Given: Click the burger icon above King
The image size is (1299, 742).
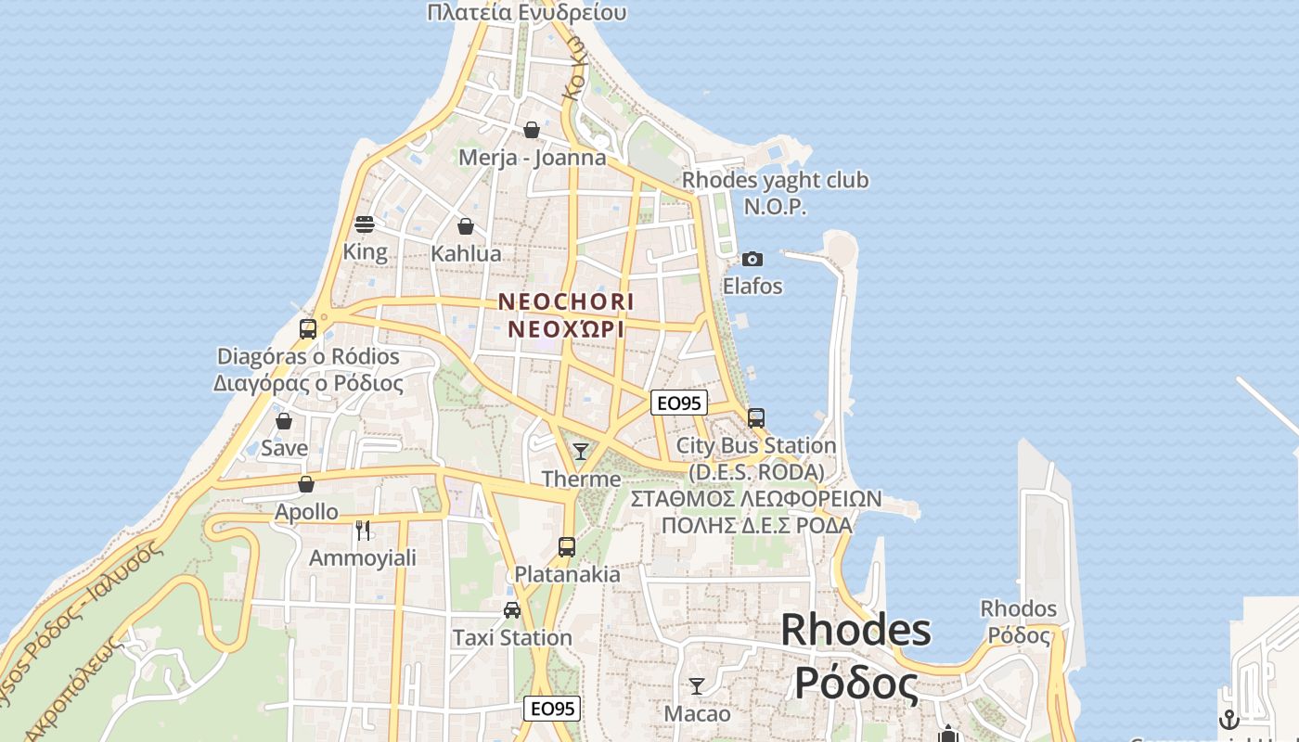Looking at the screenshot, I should click(x=365, y=224).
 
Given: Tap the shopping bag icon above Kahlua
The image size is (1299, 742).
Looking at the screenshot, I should click(x=466, y=226).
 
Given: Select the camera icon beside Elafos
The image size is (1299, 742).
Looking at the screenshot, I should click(x=752, y=259).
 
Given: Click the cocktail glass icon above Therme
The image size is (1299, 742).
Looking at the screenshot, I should click(x=581, y=452).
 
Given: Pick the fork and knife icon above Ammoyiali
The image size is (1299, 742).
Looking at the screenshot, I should click(x=363, y=531).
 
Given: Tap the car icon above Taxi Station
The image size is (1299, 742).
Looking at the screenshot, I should click(x=511, y=609).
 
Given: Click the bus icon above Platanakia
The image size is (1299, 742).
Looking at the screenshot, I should click(x=567, y=546).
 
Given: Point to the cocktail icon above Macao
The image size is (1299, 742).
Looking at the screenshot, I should click(x=697, y=686).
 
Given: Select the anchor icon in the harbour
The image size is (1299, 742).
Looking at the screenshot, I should click(x=1228, y=720).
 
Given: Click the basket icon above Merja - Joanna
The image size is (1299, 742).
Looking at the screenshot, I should click(x=532, y=130).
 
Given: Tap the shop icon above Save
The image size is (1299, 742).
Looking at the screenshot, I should click(x=284, y=421).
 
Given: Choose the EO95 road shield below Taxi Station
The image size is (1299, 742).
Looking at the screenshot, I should click(x=552, y=709).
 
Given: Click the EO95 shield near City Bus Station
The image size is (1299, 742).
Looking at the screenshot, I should click(x=679, y=403).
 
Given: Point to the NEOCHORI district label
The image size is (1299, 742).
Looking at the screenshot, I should click(x=566, y=302).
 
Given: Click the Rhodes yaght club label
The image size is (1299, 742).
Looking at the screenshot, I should click(x=776, y=180).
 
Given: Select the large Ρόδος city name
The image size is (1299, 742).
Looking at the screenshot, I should click(x=855, y=684).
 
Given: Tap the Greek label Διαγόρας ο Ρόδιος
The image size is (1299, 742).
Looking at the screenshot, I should click(x=308, y=383).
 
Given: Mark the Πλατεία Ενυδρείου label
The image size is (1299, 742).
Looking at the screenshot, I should click(x=527, y=12).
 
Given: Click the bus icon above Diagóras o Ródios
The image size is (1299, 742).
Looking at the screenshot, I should click(x=308, y=328).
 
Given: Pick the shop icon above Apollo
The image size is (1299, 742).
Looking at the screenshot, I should click(x=306, y=484).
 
